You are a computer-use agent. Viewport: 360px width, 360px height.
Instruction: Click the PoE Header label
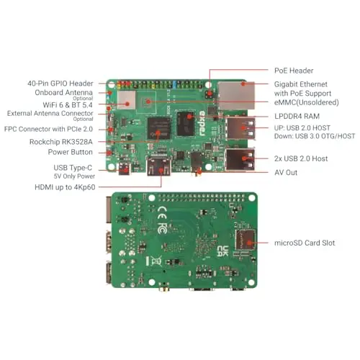tap(294, 71)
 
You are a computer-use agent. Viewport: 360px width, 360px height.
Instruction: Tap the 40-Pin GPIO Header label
tap(60, 84)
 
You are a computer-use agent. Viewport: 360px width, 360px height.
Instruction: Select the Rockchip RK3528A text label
tap(61, 142)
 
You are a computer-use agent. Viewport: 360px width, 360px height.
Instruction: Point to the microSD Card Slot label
tap(305, 243)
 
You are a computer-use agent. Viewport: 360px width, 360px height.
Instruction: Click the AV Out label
tap(286, 172)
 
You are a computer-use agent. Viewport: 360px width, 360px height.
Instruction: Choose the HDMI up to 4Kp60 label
tap(65, 187)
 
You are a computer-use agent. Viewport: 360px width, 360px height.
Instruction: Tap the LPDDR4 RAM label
tap(297, 116)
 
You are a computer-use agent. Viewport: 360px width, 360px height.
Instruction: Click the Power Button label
tap(70, 152)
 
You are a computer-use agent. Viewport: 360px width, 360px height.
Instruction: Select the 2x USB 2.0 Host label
tap(301, 158)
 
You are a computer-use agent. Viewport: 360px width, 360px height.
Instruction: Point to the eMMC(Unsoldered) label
tap(307, 102)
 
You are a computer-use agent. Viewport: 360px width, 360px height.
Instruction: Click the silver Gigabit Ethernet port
tap(236, 96)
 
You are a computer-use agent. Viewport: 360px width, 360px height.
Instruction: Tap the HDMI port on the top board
tap(159, 166)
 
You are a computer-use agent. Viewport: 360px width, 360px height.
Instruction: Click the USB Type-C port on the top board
tap(125, 168)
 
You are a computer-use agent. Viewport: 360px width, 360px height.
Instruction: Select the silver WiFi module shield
tap(126, 100)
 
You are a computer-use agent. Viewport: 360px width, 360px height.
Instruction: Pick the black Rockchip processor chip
tap(159, 128)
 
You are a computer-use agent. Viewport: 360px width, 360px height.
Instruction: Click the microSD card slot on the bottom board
tap(245, 240)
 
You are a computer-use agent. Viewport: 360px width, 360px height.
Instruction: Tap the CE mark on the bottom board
tap(162, 212)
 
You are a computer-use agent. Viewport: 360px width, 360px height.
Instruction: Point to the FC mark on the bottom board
tap(162, 228)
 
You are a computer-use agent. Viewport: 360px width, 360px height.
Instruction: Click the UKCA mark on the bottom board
tap(222, 251)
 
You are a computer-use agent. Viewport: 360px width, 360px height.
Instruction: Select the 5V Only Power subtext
tap(74, 176)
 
